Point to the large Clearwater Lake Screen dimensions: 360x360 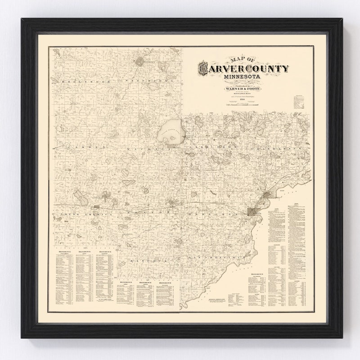[169, 131]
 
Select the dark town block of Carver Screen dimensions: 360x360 [252, 212]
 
